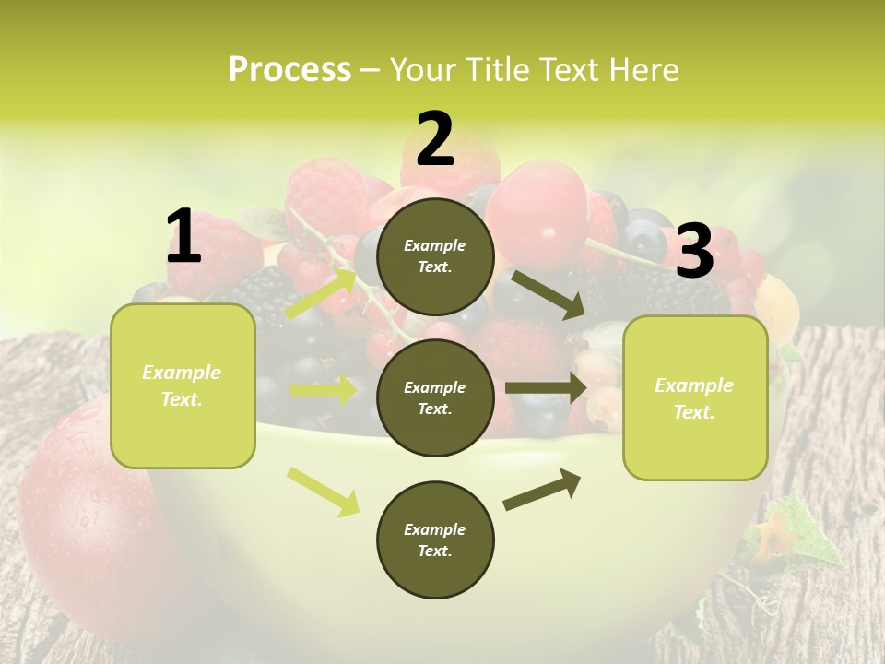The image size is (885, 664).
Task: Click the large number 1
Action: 183,236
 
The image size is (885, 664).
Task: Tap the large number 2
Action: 435,139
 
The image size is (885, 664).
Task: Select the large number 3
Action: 695,251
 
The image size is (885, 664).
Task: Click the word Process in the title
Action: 289,69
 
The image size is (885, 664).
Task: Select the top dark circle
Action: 436,256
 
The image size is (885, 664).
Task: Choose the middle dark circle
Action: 436,398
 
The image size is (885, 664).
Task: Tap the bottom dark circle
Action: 436,540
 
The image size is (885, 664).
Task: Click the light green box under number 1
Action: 183,385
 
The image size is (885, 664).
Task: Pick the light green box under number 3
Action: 695,398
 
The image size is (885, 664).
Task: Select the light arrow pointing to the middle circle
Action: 324,390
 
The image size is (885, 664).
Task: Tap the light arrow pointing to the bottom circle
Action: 324,491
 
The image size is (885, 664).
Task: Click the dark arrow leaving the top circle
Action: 547,294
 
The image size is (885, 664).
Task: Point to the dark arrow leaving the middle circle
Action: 546,387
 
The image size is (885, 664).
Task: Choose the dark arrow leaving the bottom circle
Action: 542,490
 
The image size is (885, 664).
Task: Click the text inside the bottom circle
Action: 435,540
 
